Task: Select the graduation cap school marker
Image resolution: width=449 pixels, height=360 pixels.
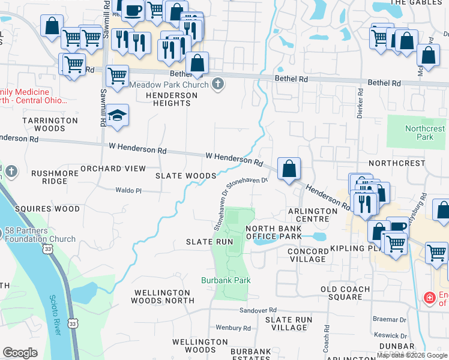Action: click(x=118, y=115)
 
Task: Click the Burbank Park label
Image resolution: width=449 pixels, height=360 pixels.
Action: click(x=225, y=280)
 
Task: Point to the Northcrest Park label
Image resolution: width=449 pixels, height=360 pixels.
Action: click(x=424, y=133)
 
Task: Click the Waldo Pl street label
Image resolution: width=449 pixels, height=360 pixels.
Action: click(x=128, y=190)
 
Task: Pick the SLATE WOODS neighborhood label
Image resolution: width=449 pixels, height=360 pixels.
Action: click(x=185, y=176)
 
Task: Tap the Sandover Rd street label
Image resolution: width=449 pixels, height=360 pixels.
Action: click(x=258, y=310)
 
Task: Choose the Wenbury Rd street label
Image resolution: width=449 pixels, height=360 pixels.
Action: click(x=233, y=328)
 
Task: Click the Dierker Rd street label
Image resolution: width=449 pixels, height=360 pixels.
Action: click(x=360, y=104)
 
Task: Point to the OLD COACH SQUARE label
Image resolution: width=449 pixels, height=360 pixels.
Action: click(x=349, y=293)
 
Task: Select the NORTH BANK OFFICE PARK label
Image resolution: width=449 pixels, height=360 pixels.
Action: click(x=273, y=232)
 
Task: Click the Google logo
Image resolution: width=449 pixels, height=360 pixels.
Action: click(x=20, y=352)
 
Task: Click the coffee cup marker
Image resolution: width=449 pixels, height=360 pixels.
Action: click(x=133, y=10)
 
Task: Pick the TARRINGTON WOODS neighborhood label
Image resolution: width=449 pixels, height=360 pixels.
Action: click(x=50, y=124)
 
